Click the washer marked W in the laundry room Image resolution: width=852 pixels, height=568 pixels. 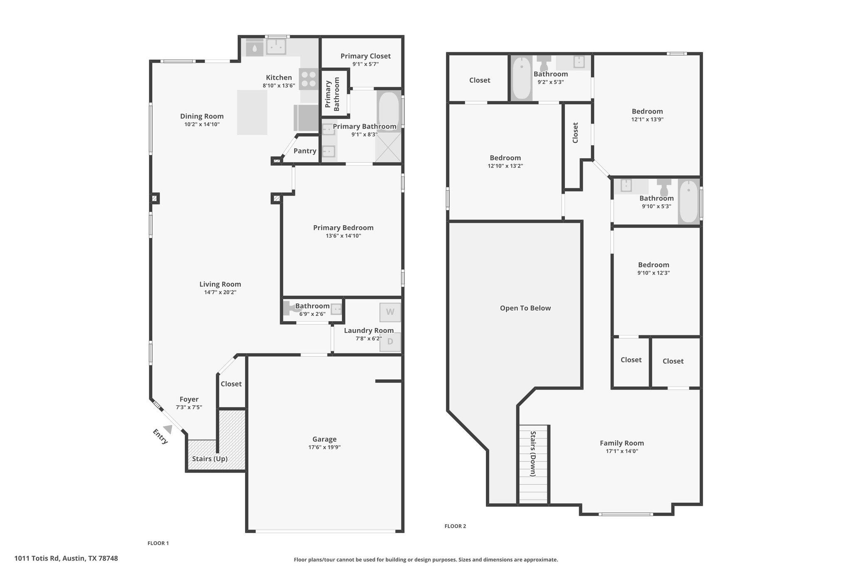coord(390,312)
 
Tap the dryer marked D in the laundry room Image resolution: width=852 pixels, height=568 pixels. coord(390,342)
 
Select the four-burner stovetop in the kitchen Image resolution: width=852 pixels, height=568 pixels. coord(309,79)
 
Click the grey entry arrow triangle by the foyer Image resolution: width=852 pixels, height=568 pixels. coord(168,429)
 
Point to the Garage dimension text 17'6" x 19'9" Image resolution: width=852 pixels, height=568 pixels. coord(324,447)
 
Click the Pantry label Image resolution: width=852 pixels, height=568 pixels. coord(305,151)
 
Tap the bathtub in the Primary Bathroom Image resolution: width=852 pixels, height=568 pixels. coord(389,112)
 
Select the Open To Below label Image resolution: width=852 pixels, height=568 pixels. coord(525,308)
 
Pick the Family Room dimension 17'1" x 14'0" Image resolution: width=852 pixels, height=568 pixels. coord(622,451)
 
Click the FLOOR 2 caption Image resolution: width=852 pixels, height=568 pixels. coord(455,526)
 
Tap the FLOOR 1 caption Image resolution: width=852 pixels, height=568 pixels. coord(158,543)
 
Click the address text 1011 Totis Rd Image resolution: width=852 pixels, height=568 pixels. coord(37,558)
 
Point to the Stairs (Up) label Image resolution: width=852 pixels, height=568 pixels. coord(210,459)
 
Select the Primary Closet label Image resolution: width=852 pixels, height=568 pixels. coord(366,56)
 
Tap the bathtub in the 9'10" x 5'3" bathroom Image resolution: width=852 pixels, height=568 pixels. coord(689,201)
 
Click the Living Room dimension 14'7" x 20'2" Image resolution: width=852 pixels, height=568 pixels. coord(220,292)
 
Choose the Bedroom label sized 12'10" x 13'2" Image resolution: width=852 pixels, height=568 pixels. coord(505,158)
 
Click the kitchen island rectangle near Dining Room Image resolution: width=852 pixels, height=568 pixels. coord(252,112)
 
